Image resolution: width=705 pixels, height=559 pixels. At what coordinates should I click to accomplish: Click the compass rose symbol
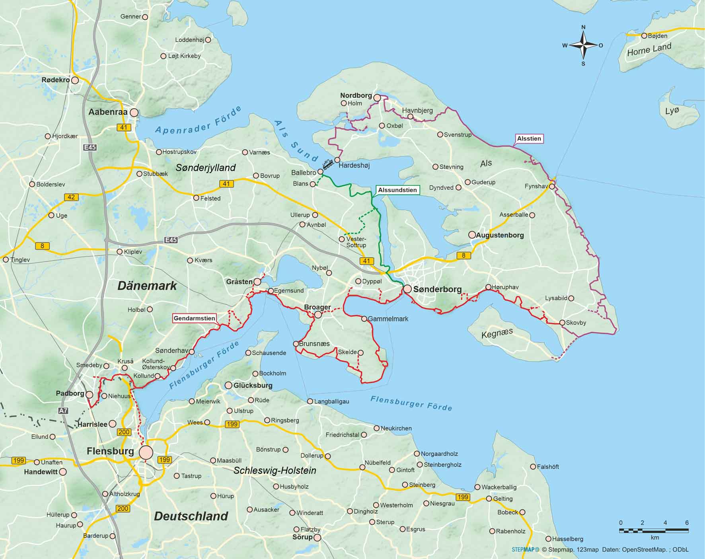point(583,45)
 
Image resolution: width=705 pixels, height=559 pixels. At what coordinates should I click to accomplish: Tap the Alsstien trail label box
point(529,138)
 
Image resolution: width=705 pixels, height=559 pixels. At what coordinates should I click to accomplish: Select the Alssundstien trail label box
point(397,190)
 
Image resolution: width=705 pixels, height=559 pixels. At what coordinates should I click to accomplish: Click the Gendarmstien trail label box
point(194,318)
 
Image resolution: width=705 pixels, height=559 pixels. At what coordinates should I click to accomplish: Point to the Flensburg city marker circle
point(146,452)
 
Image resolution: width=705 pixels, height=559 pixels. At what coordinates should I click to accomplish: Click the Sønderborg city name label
point(437,290)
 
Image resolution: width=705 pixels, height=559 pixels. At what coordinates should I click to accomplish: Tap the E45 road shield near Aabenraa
point(90,147)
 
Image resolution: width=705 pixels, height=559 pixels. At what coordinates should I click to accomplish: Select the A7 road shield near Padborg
point(63,411)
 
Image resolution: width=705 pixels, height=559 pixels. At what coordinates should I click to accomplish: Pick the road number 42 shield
point(71,197)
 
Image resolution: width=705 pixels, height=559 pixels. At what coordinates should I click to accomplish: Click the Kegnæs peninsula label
point(497,333)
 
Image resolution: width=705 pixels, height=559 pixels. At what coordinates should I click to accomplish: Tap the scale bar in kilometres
point(654,530)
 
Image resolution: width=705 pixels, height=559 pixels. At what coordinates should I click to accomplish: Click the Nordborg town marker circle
point(377,97)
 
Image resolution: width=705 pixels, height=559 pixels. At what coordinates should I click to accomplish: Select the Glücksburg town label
point(253,385)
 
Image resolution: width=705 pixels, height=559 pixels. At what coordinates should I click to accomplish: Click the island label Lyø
point(672,111)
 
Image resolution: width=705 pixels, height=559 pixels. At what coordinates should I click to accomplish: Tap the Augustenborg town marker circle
point(472,235)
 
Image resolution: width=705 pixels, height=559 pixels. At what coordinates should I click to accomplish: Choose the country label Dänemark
point(147,286)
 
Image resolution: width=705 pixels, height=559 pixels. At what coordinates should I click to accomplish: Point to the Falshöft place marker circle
point(533,467)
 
